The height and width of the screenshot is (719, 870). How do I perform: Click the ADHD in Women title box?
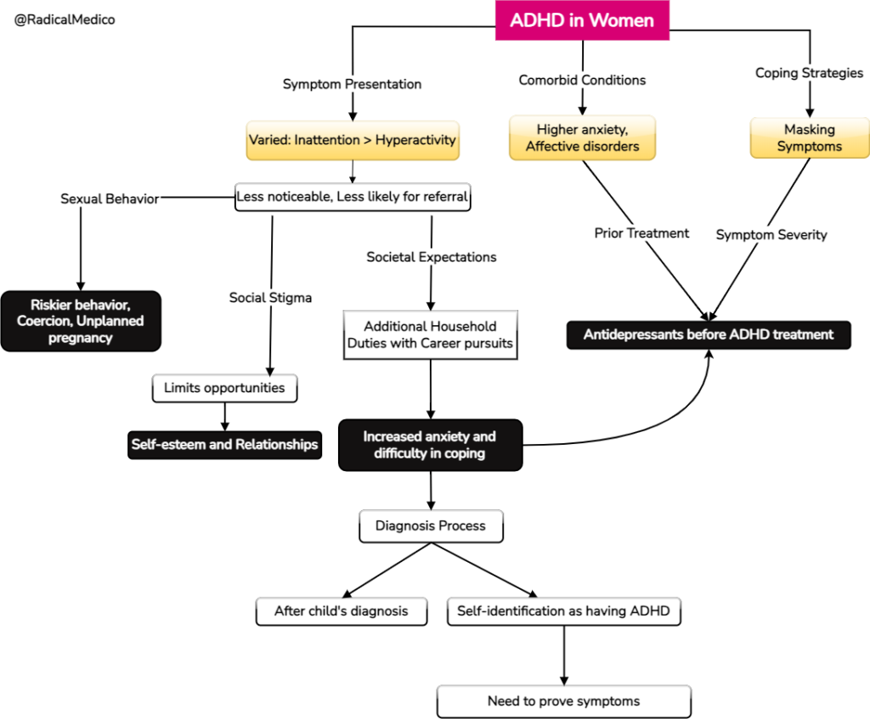pos(582,21)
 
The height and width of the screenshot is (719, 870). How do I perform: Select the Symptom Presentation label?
pos(352,84)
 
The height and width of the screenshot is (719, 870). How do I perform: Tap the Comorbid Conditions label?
pos(582,80)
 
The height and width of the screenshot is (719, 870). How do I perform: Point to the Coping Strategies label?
pos(809,73)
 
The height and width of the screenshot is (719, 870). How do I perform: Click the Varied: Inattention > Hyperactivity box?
pos(352,140)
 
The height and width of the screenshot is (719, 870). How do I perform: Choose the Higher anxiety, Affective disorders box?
pos(582,138)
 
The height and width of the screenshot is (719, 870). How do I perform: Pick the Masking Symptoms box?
pos(809,138)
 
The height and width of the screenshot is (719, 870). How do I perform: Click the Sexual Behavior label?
pos(110,199)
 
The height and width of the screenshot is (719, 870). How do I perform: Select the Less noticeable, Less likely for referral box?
pos(352,196)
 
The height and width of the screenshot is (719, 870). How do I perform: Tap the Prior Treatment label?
pos(641,233)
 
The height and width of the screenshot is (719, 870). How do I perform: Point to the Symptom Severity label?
pos(771,234)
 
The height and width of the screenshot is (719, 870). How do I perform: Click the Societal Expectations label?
pos(431,256)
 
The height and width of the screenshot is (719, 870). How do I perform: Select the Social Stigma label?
pos(270,298)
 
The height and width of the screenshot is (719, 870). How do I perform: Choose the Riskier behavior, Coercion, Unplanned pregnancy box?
pos(81,321)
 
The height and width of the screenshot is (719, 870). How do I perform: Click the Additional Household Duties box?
pos(430,334)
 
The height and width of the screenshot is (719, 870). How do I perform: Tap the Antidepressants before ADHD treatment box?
pos(708,334)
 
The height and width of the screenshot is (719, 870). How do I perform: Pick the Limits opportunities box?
pos(224,388)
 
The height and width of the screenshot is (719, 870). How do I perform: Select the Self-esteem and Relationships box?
pos(224,444)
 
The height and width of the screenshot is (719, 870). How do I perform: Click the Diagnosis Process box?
pos(430,525)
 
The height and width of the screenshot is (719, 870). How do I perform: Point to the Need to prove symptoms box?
pos(563,701)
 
